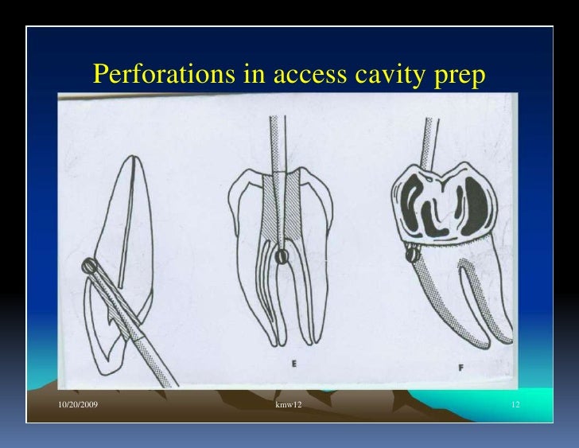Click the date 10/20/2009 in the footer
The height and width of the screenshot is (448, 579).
coord(79,407)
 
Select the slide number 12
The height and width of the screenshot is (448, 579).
coord(515,407)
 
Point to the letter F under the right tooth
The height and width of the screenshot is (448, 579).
coord(460,368)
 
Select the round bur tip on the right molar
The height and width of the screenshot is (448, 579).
coord(412,254)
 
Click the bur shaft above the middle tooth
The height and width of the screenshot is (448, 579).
coord(276,143)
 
